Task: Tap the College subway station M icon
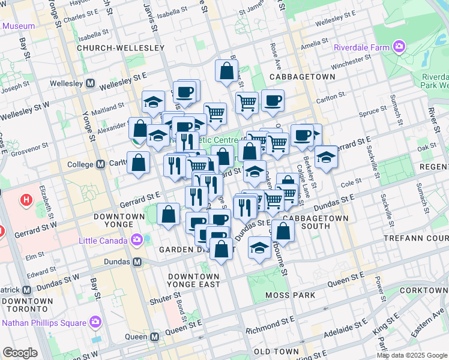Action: pos(100,164)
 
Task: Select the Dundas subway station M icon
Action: pos(137,262)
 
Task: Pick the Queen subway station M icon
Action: pos(155,337)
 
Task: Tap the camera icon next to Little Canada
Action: pos(137,241)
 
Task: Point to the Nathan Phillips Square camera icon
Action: pos(95,323)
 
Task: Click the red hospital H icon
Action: pos(26,200)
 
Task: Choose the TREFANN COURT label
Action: pos(416,239)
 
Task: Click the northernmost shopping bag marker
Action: pos(227,70)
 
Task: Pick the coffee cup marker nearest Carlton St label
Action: pos(273,101)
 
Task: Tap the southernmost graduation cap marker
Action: pos(259,247)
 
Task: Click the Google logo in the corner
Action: pos(20,353)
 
